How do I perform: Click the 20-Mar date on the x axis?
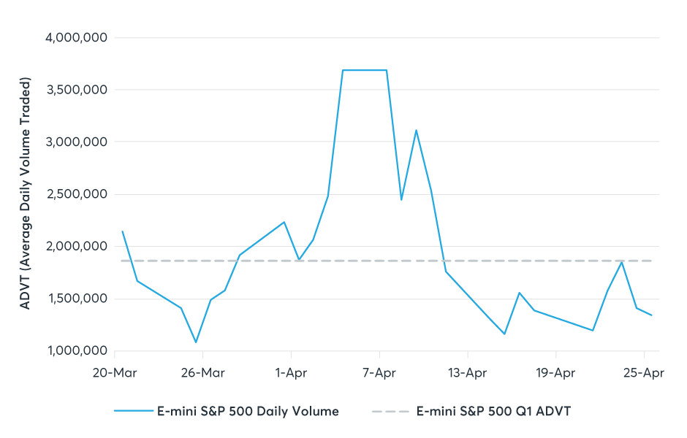point(114,373)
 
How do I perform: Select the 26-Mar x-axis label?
point(202,373)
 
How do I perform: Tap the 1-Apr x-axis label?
point(290,373)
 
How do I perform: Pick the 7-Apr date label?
point(379,373)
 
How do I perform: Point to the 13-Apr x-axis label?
point(467,373)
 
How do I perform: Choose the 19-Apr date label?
point(555,373)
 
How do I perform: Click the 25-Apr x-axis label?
point(643,373)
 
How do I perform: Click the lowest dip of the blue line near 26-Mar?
point(196,342)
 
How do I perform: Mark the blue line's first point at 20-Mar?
point(122,231)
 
